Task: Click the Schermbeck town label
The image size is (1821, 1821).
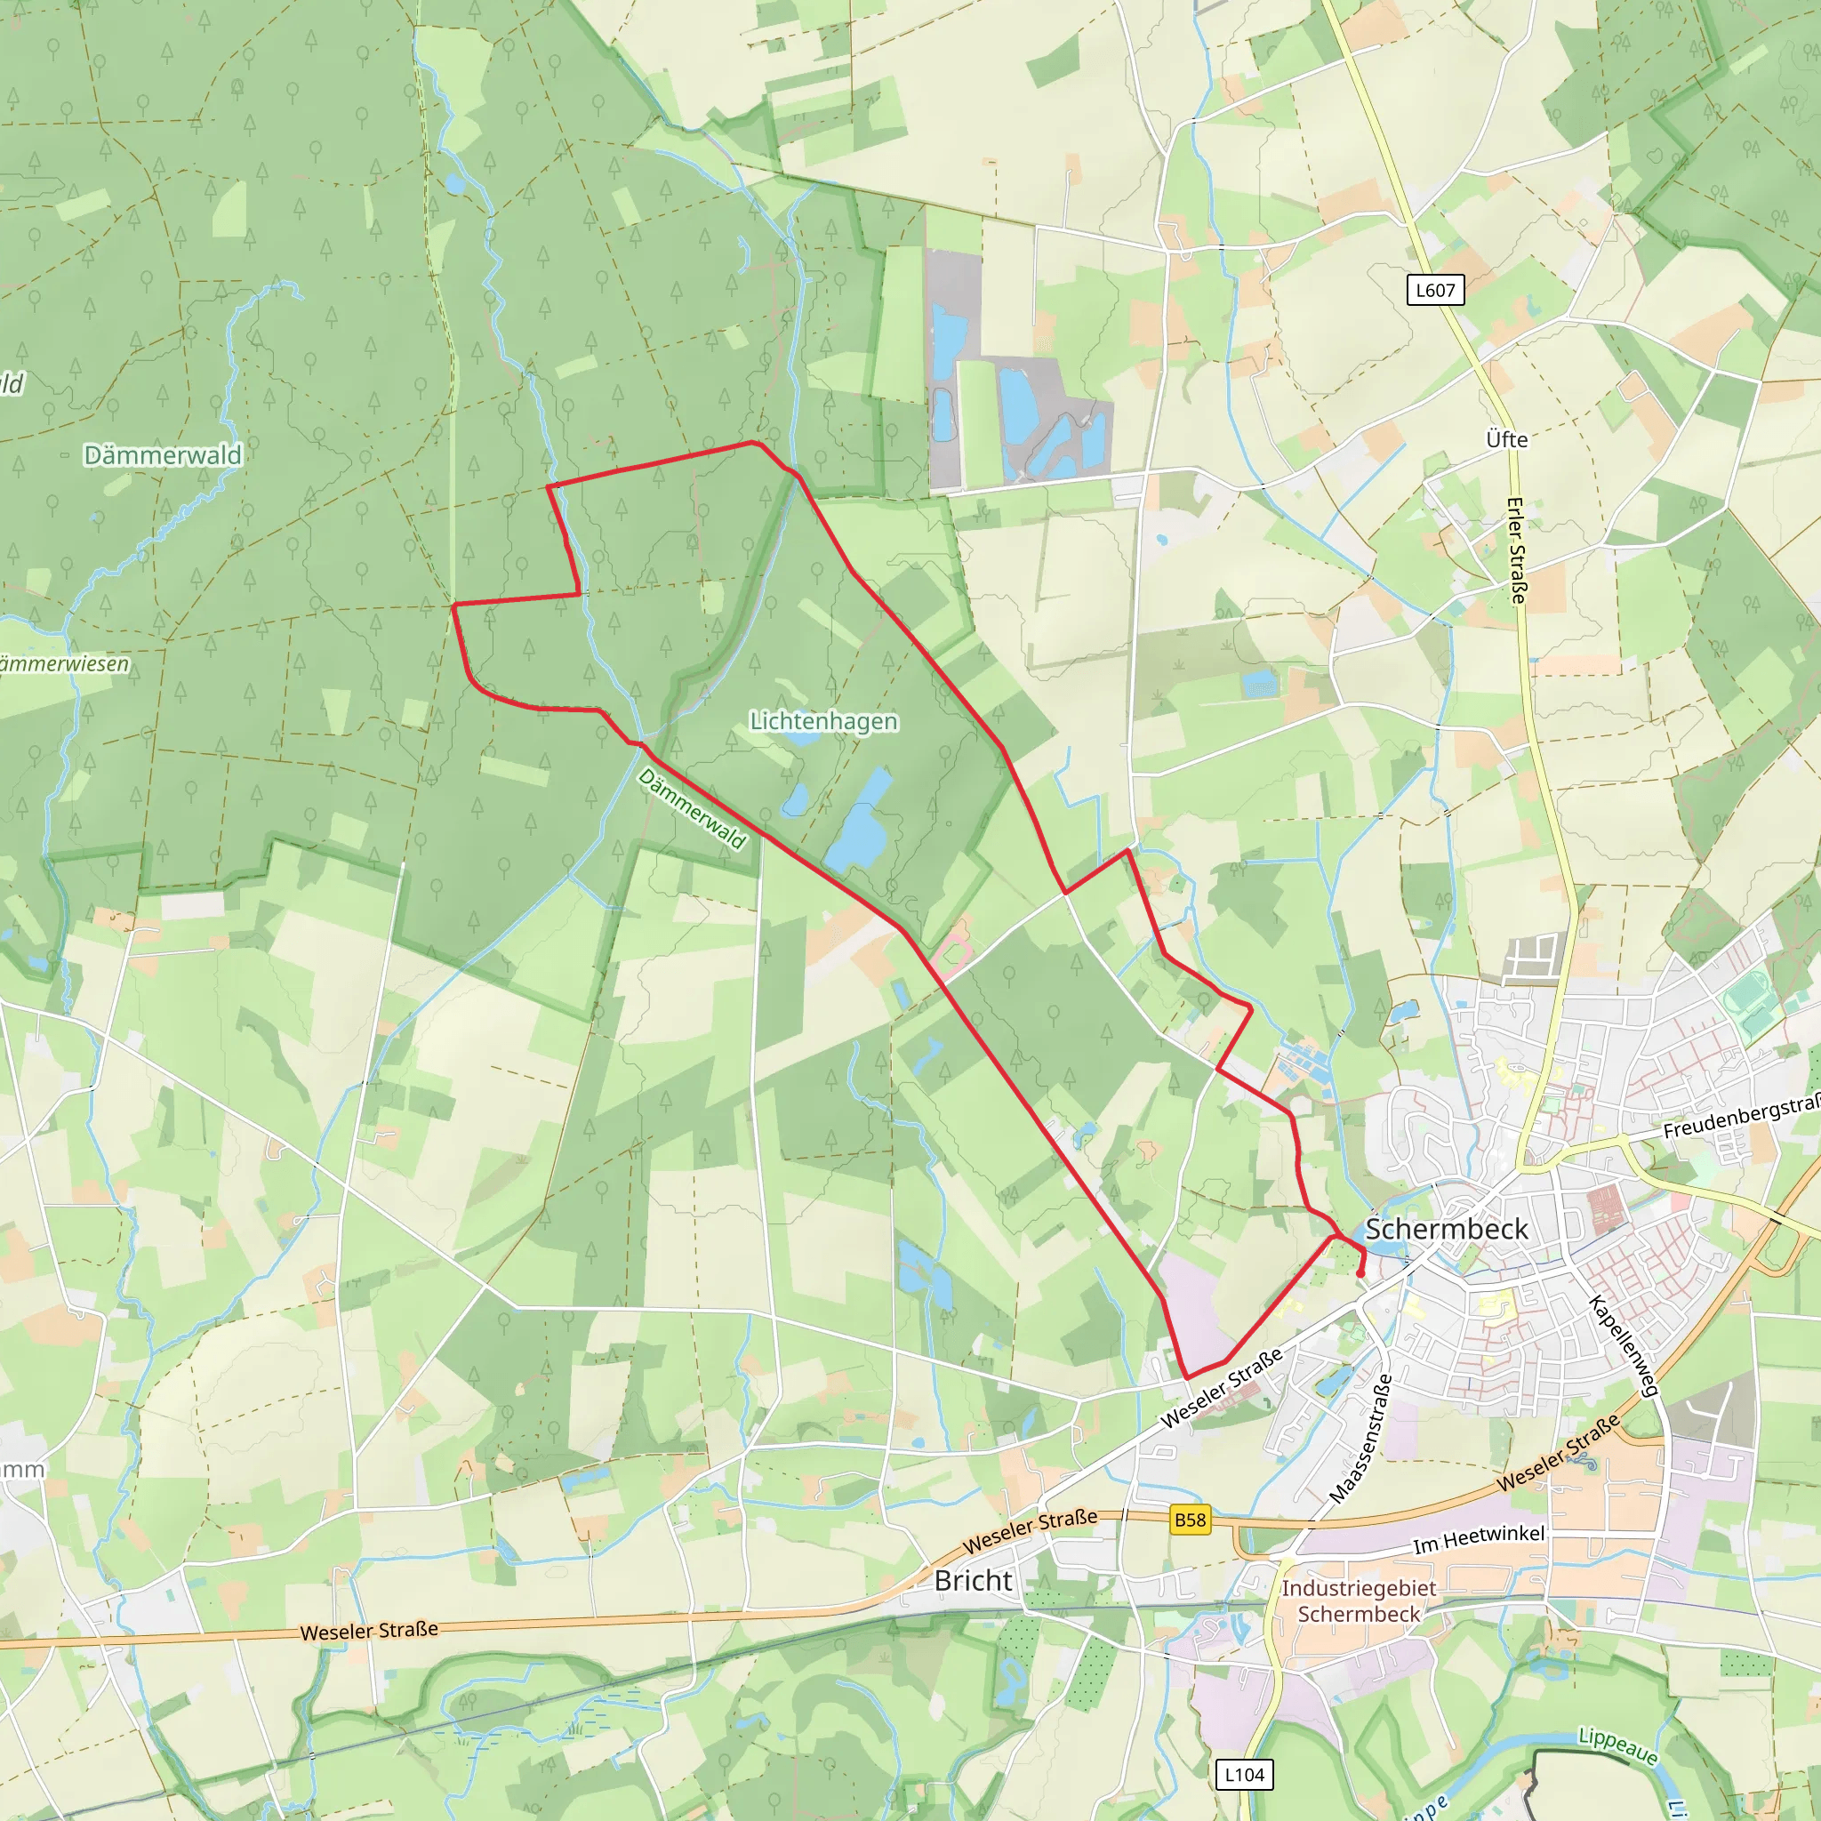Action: [x=1447, y=1229]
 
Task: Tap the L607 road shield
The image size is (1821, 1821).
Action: [x=1434, y=290]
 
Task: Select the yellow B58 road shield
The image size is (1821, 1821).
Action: [x=1190, y=1520]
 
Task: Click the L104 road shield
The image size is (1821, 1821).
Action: [x=1243, y=1775]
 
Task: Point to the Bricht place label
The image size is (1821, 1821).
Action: [x=973, y=1581]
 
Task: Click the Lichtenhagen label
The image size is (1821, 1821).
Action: [x=823, y=721]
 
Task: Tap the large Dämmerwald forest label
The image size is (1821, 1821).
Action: [x=163, y=455]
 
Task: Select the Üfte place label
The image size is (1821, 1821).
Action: [x=1506, y=439]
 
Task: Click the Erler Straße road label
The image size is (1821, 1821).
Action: [x=1517, y=550]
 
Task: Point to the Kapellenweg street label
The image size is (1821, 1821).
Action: [x=1622, y=1346]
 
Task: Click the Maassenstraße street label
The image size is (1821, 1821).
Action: [x=1360, y=1439]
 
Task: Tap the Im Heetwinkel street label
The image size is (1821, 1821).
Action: [x=1478, y=1539]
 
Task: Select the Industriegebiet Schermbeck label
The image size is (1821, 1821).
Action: [x=1359, y=1600]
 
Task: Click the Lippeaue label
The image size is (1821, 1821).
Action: [x=1617, y=1745]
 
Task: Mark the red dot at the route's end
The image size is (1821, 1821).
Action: [x=1360, y=1274]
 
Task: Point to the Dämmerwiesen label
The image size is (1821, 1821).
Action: [x=64, y=664]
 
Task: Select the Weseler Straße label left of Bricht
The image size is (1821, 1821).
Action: [x=368, y=1631]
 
